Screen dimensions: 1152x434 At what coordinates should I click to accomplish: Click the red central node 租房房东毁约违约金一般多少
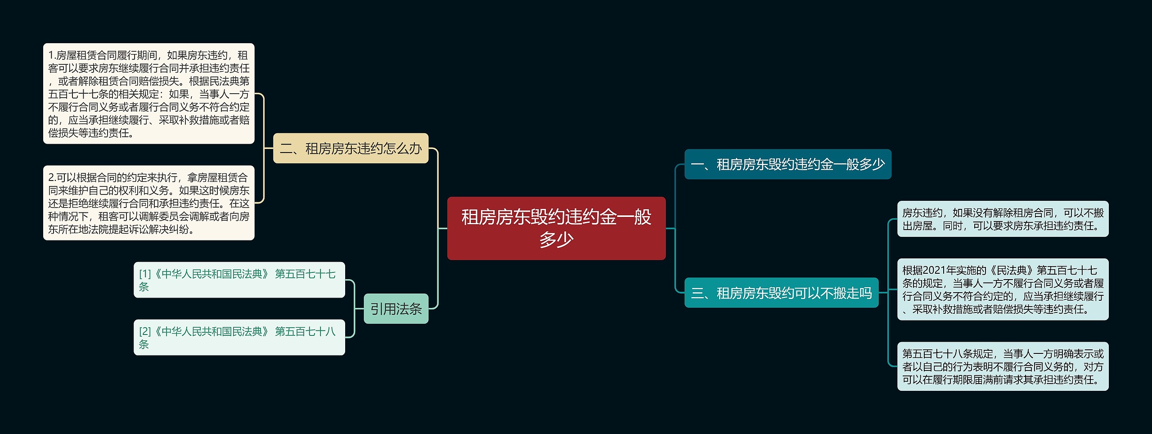tap(556, 228)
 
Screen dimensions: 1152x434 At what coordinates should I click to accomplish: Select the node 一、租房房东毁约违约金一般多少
tap(787, 164)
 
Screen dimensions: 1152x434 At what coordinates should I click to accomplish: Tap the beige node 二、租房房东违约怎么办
tap(351, 148)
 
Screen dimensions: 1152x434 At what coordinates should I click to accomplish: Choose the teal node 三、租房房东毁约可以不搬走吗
tap(781, 293)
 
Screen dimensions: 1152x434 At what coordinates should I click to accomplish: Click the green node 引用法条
tap(396, 309)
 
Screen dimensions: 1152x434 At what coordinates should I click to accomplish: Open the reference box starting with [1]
tap(239, 280)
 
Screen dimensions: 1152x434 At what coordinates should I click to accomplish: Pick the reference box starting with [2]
tap(239, 338)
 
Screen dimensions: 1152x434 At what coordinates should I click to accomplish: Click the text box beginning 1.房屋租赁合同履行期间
tap(148, 94)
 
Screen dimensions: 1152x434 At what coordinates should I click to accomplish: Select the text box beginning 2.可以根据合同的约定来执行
tap(148, 203)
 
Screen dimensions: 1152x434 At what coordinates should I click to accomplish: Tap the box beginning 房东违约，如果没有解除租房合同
tap(1003, 219)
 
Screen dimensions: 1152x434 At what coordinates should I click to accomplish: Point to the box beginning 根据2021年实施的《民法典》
tap(1003, 289)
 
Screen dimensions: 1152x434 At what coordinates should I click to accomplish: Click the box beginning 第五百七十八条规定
tap(1003, 366)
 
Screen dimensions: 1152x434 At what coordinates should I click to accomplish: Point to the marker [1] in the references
tap(145, 274)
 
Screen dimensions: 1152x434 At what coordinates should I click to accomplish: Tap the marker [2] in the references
tap(145, 331)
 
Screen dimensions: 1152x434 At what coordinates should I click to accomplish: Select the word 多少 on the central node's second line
tap(556, 240)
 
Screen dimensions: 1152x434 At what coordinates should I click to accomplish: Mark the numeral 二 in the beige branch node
tap(286, 149)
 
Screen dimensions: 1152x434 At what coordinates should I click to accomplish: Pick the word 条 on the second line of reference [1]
tap(144, 287)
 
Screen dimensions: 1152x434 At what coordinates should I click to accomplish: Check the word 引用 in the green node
tap(383, 309)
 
